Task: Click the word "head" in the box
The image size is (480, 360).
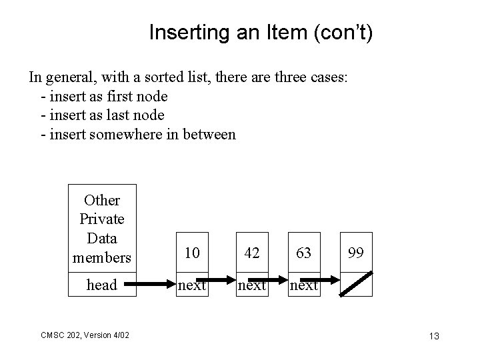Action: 102,285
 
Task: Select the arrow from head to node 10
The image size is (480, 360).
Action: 155,285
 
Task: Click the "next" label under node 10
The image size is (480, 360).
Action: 191,285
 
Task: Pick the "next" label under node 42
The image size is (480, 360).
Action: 252,285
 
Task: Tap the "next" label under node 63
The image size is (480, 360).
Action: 304,285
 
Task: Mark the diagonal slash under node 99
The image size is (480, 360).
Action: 356,283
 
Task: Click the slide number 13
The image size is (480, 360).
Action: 434,336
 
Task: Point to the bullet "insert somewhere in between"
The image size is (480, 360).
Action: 138,135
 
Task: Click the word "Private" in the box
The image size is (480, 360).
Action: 102,219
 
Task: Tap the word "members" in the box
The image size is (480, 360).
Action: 102,257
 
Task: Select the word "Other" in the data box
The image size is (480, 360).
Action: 102,200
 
